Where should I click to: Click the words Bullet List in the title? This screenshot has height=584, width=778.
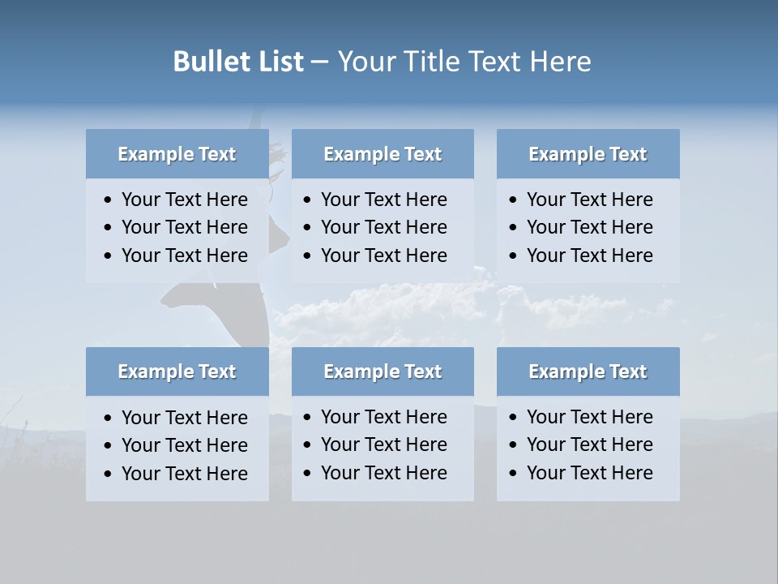(x=238, y=62)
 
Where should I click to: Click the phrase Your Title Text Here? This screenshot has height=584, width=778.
(x=464, y=62)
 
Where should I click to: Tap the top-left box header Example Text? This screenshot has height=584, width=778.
(x=177, y=154)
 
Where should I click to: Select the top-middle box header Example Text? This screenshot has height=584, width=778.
(x=383, y=154)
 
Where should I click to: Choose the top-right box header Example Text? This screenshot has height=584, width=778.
(x=588, y=154)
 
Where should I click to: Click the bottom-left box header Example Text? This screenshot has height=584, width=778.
(x=177, y=371)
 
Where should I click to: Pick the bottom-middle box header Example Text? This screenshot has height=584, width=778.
(x=383, y=371)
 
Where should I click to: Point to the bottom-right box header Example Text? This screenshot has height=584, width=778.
(x=588, y=371)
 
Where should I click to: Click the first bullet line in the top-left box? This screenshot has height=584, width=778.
(x=184, y=200)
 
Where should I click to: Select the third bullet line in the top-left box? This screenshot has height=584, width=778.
(x=184, y=255)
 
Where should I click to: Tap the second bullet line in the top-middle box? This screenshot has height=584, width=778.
(x=383, y=227)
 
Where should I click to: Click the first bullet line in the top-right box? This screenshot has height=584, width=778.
(x=589, y=200)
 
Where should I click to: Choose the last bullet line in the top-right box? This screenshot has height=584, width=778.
(x=589, y=255)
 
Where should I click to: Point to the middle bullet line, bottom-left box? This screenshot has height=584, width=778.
(x=184, y=445)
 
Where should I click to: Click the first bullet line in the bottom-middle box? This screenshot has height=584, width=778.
(x=383, y=417)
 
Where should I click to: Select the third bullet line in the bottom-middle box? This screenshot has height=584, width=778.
(x=383, y=473)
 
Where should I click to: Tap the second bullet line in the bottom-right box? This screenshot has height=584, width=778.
(x=589, y=444)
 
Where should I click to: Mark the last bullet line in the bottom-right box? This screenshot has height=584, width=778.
(x=589, y=473)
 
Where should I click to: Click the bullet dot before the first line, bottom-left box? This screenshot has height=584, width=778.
(x=109, y=419)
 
